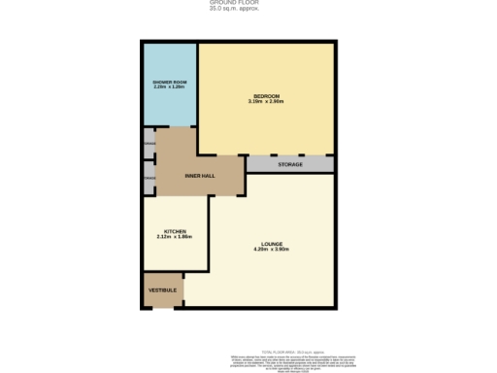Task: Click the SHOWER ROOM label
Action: tap(169, 82)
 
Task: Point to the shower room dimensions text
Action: tap(169, 87)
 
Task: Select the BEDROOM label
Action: tap(267, 96)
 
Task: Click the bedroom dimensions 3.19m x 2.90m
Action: tap(267, 102)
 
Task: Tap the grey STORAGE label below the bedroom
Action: tap(290, 164)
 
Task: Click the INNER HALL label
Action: tap(200, 176)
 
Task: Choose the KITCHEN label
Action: tap(175, 231)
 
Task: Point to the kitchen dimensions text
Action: tap(175, 237)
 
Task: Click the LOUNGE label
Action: tap(271, 243)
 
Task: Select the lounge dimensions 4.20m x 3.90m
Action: tap(271, 250)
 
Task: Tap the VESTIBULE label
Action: tap(161, 289)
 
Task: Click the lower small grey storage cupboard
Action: tap(149, 179)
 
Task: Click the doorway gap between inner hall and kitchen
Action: tap(175, 195)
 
